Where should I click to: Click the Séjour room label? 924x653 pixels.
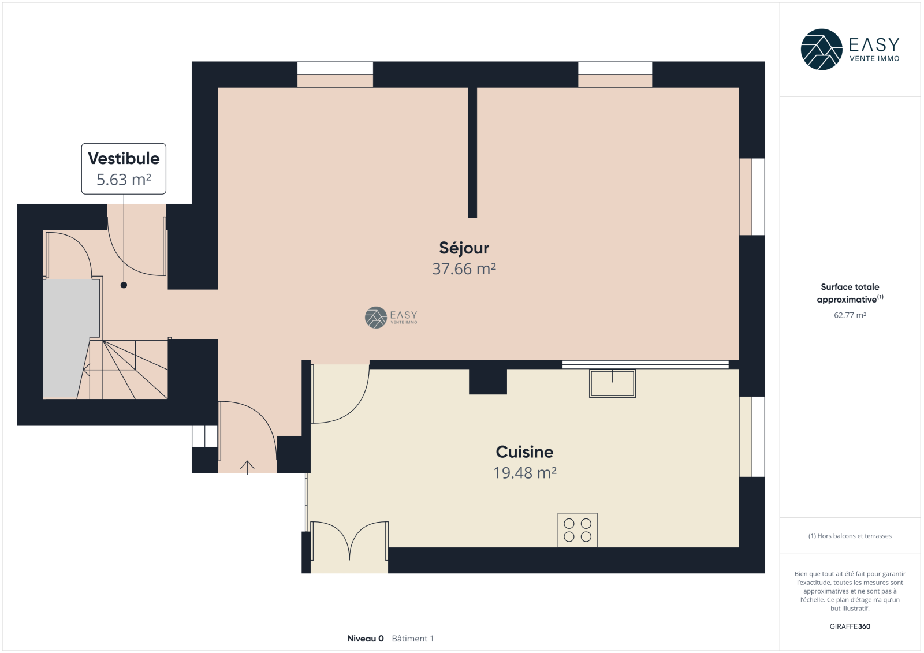[464, 248]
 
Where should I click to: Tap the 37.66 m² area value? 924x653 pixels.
[464, 269]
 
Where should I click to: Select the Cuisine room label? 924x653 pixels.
[524, 452]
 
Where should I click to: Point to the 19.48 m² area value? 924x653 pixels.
[525, 473]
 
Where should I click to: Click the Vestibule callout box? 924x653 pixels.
[124, 169]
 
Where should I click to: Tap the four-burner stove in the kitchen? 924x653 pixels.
[577, 530]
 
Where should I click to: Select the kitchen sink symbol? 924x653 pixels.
[612, 383]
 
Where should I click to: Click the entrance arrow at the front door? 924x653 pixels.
[247, 467]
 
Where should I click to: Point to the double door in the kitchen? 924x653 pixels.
[349, 541]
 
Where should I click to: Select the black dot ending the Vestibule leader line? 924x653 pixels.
[124, 285]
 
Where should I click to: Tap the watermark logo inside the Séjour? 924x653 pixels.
[391, 317]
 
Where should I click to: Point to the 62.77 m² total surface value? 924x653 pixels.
[850, 315]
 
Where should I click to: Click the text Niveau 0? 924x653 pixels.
[366, 639]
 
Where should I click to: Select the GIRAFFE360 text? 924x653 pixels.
[850, 626]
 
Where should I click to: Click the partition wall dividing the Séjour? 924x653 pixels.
[472, 152]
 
